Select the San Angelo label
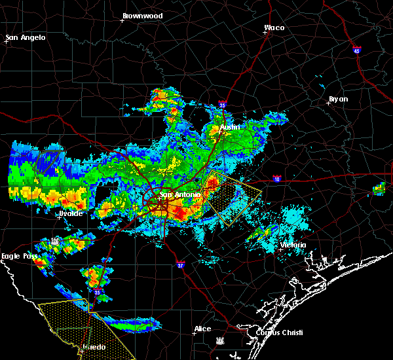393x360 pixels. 26,37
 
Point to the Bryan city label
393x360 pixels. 338,99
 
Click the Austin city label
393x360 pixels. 230,127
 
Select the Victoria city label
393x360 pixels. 292,245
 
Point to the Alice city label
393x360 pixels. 202,329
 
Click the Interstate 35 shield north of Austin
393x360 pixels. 223,103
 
